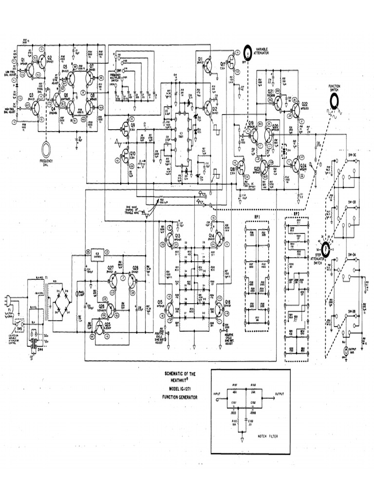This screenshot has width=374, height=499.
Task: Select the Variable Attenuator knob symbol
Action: point(248,51)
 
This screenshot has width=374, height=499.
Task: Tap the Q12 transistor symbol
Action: point(209,108)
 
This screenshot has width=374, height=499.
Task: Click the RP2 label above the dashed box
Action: point(296,213)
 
